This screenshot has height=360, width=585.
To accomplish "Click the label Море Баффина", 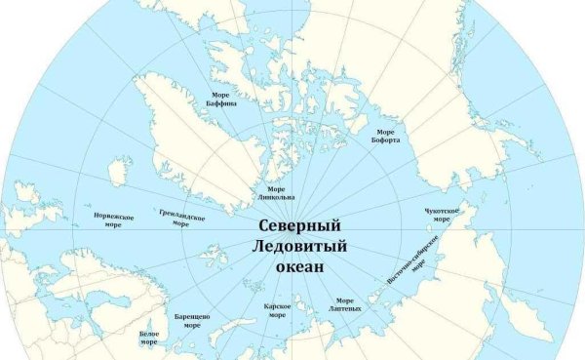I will point(218,99).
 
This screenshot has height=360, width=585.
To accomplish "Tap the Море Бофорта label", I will point(385,135).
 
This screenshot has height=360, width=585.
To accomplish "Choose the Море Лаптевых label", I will point(348,304).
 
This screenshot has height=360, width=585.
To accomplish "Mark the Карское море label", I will point(276,310).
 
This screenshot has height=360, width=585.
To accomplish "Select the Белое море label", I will point(148,338).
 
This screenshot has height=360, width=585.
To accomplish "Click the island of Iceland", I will point(119,173).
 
